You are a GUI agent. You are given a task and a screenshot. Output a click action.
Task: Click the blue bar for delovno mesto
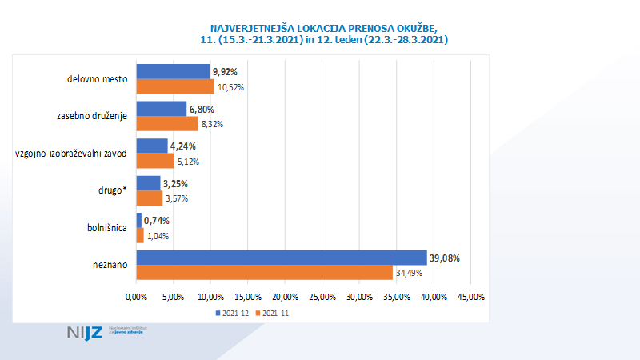173,72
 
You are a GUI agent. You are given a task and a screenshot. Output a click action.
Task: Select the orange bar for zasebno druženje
167,124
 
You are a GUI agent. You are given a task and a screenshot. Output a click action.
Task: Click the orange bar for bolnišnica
140,236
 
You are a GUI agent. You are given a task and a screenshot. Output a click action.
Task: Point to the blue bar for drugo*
149,183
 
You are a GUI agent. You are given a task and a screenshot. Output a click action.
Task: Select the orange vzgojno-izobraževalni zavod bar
155,162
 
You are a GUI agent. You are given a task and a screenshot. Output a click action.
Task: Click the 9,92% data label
225,72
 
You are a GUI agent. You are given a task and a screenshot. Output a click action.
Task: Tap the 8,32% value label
211,124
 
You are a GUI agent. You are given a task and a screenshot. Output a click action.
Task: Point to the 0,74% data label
157,221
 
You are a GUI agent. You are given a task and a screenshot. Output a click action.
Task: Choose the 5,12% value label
187,162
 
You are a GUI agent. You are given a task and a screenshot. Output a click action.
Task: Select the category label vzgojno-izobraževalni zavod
71,154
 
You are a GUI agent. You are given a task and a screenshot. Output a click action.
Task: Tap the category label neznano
111,266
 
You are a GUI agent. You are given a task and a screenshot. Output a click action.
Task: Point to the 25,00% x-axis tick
322,298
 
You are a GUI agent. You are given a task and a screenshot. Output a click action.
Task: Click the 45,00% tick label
470,298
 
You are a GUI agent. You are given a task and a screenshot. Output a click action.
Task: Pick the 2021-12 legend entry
231,313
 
